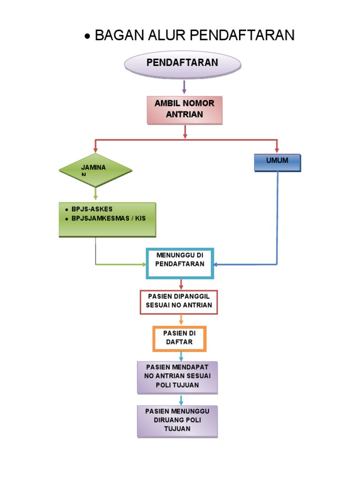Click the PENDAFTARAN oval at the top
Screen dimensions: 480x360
pos(182,64)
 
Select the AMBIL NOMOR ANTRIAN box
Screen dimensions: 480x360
pos(184,110)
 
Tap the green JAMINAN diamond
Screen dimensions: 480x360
pos(96,170)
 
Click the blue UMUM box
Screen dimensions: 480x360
pos(277,162)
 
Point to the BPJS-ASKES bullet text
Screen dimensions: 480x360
pos(92,209)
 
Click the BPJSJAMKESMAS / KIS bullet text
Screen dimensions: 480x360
pos(108,218)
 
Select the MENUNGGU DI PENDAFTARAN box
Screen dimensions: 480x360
pos(180,263)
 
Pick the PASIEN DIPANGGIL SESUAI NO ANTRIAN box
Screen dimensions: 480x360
pos(180,301)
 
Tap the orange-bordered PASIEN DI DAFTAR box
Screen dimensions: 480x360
pos(179,338)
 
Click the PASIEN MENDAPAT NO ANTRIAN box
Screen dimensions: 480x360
pos(178,376)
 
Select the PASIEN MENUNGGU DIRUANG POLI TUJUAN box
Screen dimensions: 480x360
pos(177,420)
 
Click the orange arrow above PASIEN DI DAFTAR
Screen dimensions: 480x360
pos(180,320)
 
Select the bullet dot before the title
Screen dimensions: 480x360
pos(87,37)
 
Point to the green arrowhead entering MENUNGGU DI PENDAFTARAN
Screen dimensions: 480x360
pos(144,265)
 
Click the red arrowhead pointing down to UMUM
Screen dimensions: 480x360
pos(277,150)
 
